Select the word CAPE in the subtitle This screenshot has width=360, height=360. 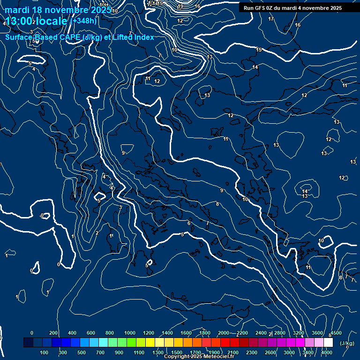[x=68, y=37]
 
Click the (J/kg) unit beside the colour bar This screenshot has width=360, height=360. [x=346, y=343]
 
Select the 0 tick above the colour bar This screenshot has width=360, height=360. [x=32, y=333]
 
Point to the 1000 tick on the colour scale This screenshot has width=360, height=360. [x=130, y=333]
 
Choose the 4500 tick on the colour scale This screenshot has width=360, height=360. [x=336, y=333]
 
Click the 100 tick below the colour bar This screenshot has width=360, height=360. [x=45, y=352]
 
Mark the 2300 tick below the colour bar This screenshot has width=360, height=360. [x=251, y=352]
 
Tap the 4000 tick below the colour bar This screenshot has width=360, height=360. [x=327, y=352]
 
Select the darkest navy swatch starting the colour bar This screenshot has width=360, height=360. [x=28, y=343]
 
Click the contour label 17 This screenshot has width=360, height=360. [x=271, y=19]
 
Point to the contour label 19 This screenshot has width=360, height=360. [x=181, y=7]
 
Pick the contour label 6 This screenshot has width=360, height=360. [x=189, y=223]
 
